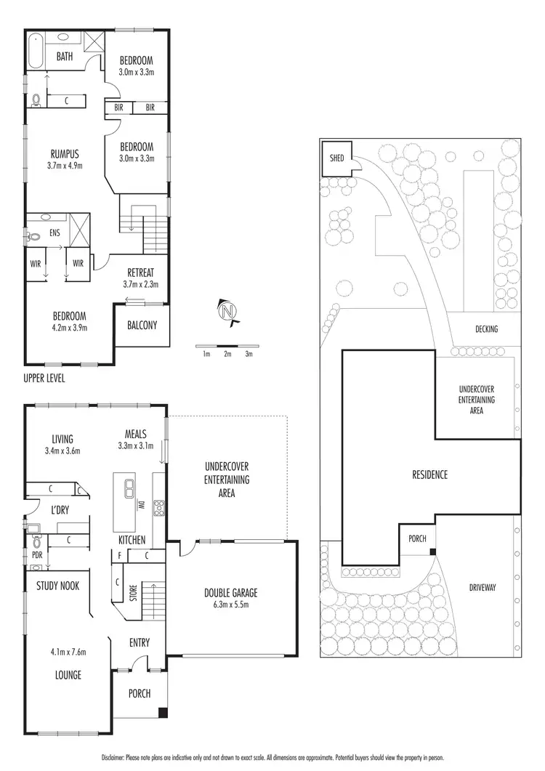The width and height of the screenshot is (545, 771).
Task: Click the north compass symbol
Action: (227, 311)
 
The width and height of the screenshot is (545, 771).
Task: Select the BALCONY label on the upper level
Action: (142, 326)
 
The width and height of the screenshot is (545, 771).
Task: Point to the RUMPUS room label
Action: (65, 153)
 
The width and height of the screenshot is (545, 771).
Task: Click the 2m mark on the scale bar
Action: (227, 354)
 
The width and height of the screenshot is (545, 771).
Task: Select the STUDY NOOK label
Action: (57, 586)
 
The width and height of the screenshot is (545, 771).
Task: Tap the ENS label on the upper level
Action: (54, 233)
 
